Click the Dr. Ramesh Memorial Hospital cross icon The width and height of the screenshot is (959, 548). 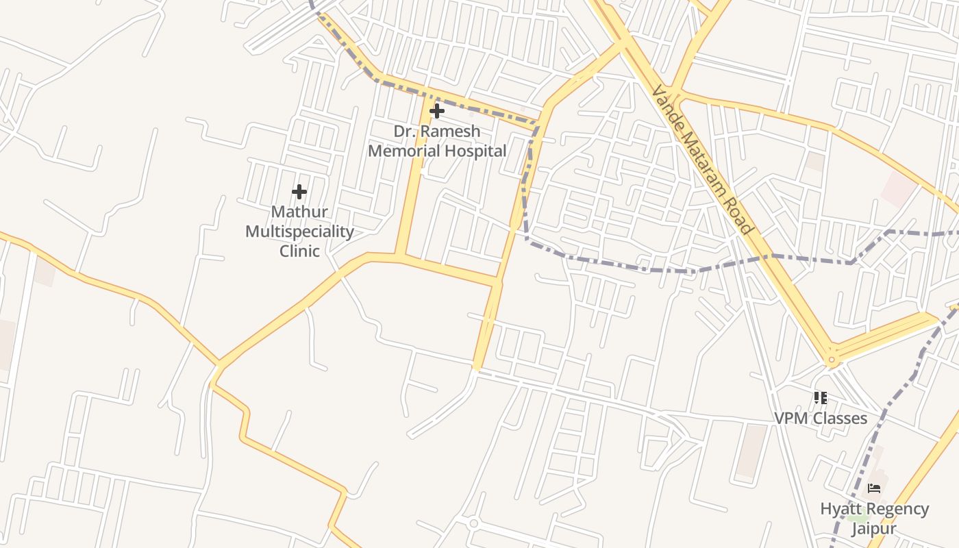point(436,111)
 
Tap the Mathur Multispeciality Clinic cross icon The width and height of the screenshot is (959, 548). point(299,192)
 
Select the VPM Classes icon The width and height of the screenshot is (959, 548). point(820,398)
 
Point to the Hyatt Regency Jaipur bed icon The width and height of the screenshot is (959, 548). point(874,488)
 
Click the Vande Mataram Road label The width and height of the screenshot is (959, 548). point(701,160)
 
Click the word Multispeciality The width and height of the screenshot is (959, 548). point(299,232)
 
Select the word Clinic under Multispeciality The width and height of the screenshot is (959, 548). point(299,251)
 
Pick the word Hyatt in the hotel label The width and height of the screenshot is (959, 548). point(839,509)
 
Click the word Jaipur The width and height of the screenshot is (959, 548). point(873,529)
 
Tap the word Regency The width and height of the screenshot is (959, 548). point(893,509)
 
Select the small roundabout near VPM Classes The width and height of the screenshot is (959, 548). point(832,359)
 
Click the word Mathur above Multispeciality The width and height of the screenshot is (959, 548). point(299,212)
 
